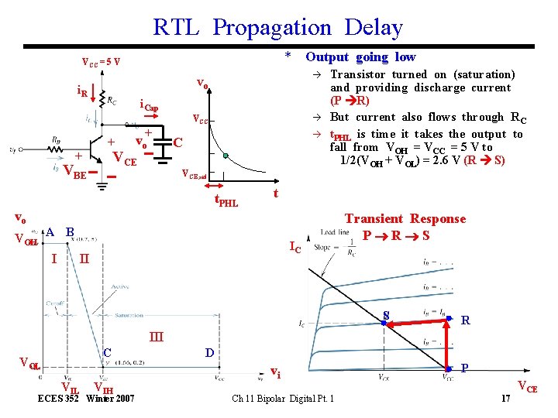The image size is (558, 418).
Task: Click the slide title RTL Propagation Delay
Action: point(278,28)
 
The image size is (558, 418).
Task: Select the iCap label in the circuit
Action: point(149,106)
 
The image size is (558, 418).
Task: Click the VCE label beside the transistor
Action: point(124,159)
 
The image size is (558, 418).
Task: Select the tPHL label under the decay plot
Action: point(226,204)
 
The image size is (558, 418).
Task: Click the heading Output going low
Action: point(360,57)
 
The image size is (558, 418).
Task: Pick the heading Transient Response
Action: point(405,219)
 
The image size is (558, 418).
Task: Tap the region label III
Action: point(157,337)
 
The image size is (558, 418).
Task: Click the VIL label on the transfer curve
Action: point(69,388)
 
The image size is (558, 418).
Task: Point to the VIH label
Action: point(105,388)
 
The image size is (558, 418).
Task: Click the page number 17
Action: point(505,399)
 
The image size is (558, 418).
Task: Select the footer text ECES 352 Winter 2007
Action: point(87,399)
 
